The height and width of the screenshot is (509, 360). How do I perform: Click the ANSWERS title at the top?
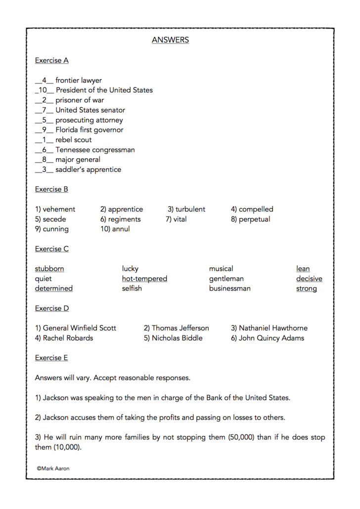[x=170, y=40]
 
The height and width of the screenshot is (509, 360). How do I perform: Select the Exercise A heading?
[x=51, y=60]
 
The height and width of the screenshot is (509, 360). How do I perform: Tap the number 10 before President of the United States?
[x=43, y=90]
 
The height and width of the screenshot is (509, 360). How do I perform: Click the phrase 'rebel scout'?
[x=73, y=140]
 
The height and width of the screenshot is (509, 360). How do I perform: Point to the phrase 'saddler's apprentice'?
[x=88, y=170]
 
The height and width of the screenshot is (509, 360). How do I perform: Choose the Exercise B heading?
[x=51, y=189]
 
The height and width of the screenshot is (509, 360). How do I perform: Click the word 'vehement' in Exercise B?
[x=59, y=209]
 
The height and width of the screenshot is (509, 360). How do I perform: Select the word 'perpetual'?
[x=254, y=219]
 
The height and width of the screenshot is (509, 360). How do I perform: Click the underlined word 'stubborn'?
[x=49, y=269]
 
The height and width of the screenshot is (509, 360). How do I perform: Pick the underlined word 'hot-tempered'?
[x=144, y=279]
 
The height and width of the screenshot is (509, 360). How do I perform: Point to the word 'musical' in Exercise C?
[x=221, y=269]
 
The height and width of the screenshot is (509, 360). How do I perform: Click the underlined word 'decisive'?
[x=309, y=279]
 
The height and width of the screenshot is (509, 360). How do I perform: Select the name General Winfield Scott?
[x=79, y=328]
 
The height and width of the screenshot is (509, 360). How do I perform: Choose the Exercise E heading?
[x=51, y=358]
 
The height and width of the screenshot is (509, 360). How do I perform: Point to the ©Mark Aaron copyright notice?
[x=53, y=467]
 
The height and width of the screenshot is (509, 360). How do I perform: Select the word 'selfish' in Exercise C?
[x=132, y=289]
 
